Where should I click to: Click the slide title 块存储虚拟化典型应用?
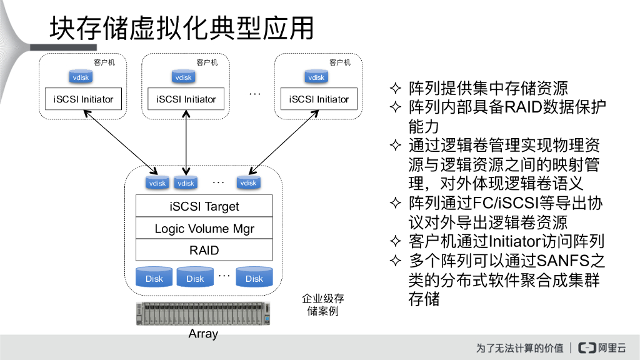point(181,28)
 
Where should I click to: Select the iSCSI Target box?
point(204,206)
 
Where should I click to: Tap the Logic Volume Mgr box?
point(204,229)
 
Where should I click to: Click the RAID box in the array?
point(204,250)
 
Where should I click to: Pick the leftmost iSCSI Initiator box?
point(84,99)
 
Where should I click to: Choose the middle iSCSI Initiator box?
point(186,99)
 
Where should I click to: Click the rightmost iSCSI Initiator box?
point(319,99)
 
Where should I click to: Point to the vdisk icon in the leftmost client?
point(81,77)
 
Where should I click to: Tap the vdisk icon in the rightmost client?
point(316,77)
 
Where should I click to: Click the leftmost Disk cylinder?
point(154,277)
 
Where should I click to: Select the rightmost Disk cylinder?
point(254,277)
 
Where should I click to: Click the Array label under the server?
point(203,334)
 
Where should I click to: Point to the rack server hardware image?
point(204,314)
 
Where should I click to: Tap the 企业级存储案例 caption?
point(322,305)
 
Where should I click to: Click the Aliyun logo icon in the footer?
point(586,348)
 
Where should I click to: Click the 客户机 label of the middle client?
point(207,62)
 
